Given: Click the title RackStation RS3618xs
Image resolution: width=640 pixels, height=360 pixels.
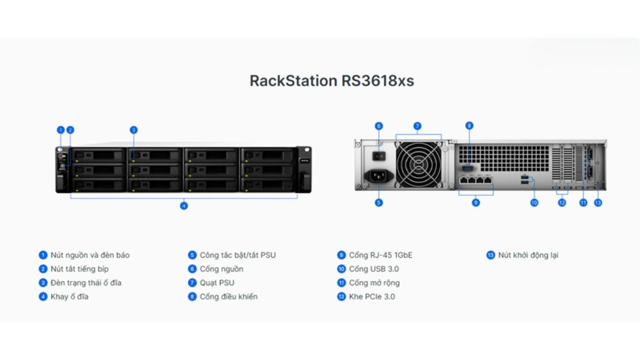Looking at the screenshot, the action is (x=332, y=80).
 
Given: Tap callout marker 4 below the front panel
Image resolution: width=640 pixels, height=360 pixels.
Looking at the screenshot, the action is (x=184, y=206).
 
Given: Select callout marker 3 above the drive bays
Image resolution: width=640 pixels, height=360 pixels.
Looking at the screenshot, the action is (x=134, y=130).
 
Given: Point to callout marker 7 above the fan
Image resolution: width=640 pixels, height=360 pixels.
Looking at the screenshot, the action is (x=418, y=126).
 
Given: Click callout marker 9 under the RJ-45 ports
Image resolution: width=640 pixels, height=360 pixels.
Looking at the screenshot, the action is (x=476, y=203).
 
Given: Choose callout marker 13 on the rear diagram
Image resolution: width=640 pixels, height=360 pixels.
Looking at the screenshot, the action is (x=598, y=203).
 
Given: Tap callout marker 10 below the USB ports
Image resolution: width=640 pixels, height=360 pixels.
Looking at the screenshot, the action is (x=534, y=203).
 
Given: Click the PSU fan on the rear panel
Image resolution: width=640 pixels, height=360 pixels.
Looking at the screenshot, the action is (x=418, y=165).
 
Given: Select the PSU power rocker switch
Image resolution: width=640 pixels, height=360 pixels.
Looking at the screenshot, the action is (x=379, y=156).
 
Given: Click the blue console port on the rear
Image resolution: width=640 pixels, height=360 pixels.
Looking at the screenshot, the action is (x=468, y=168).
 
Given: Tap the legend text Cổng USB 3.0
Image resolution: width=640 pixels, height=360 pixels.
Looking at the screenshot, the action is (x=374, y=269).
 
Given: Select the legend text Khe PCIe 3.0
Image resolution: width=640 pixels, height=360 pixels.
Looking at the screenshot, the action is (x=372, y=296).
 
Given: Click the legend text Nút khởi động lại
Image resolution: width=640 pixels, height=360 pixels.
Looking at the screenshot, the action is (x=528, y=255).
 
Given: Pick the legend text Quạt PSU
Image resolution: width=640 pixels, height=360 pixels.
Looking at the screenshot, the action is (x=217, y=283).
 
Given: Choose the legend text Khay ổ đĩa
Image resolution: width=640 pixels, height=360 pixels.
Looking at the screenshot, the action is (x=69, y=296).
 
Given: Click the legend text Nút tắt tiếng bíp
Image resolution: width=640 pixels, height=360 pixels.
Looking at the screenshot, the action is (x=80, y=269).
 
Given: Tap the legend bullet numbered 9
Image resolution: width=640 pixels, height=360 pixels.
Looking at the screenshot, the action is (x=341, y=255).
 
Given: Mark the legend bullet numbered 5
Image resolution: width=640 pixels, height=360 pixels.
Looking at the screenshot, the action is (x=192, y=255).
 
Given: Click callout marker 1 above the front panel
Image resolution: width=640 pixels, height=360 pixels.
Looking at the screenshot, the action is (x=60, y=130).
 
